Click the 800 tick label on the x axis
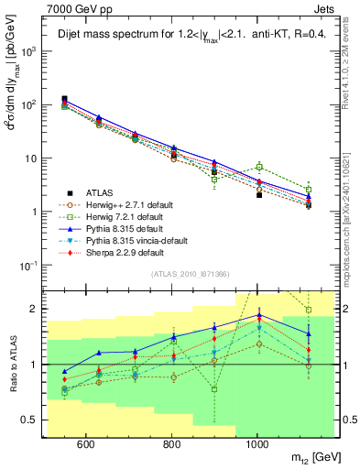171,443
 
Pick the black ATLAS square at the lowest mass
65,99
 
